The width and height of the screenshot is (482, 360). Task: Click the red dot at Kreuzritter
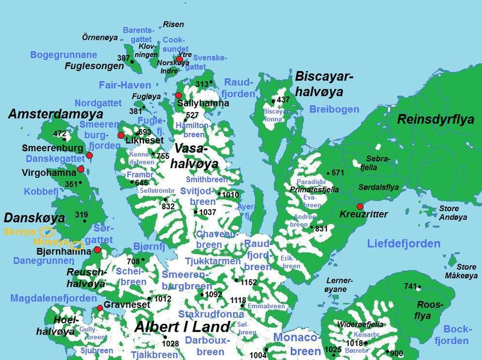[360, 206]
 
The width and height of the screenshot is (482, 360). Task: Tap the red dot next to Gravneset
[100, 309]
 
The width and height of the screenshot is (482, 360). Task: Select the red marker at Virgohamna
[81, 169]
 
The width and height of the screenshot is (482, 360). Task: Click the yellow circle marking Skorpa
[47, 232]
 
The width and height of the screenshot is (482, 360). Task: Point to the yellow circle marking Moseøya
[77, 244]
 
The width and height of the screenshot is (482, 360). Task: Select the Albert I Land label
[182, 327]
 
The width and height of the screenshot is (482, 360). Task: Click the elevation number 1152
[248, 282]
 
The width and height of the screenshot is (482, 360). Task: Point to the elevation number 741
[410, 286]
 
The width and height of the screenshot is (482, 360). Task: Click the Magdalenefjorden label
[53, 299]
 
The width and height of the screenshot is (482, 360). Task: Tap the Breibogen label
[334, 109]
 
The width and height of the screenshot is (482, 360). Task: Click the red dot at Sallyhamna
[178, 95]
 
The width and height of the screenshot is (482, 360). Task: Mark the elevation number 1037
[207, 213]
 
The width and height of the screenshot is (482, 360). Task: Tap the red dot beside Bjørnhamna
[98, 249]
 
